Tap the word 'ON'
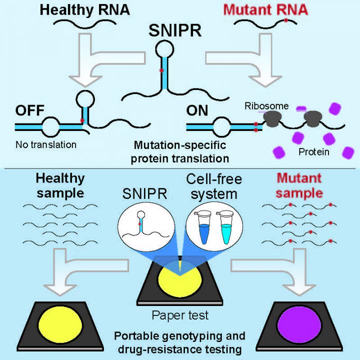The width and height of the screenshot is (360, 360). (198, 111)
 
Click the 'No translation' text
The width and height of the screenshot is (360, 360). (45, 145)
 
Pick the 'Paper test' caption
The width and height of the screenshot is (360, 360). (179, 315)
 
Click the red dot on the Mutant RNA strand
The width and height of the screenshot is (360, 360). (285, 21)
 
